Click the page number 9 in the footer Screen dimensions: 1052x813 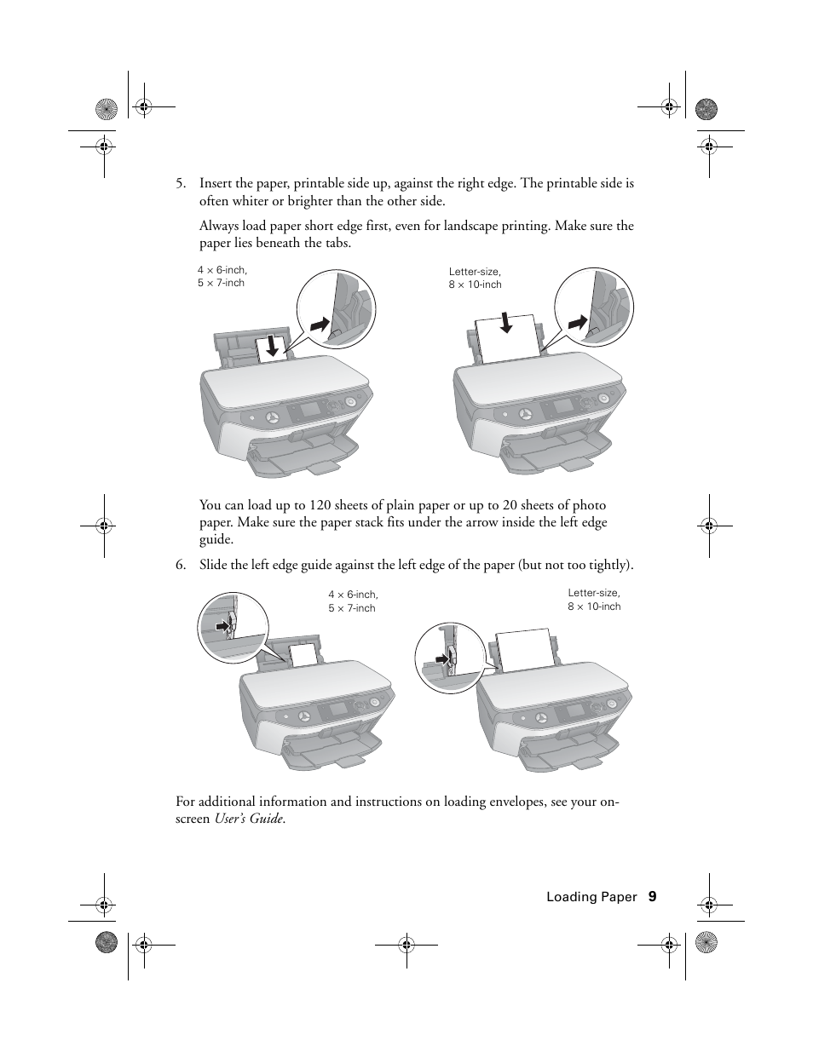[652, 896]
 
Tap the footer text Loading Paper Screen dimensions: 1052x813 [591, 897]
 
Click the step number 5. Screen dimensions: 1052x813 [180, 183]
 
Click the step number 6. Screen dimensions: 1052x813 [180, 565]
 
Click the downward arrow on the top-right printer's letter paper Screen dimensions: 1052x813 [506, 323]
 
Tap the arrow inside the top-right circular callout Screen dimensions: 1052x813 [578, 323]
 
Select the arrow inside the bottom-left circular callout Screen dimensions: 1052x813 [223, 626]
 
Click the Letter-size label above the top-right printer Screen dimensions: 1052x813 [475, 272]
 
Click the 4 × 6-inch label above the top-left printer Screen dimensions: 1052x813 [222, 270]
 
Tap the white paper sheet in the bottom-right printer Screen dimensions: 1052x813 [524, 651]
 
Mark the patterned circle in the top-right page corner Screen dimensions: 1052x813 [706, 109]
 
